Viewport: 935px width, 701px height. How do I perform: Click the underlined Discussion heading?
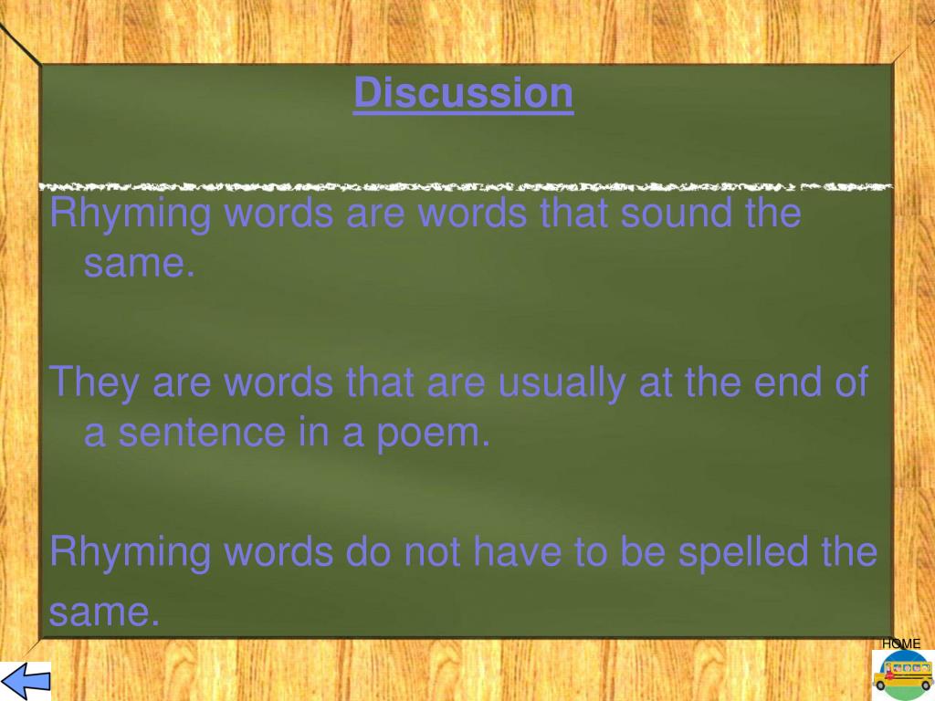pyautogui.click(x=463, y=93)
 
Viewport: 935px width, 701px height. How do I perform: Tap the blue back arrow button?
pyautogui.click(x=25, y=681)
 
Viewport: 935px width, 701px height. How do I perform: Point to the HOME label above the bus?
pyautogui.click(x=900, y=643)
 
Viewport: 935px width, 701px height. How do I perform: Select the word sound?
pyautogui.click(x=668, y=214)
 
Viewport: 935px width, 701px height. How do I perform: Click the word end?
pyautogui.click(x=789, y=382)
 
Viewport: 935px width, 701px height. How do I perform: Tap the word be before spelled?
pyautogui.click(x=639, y=551)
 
